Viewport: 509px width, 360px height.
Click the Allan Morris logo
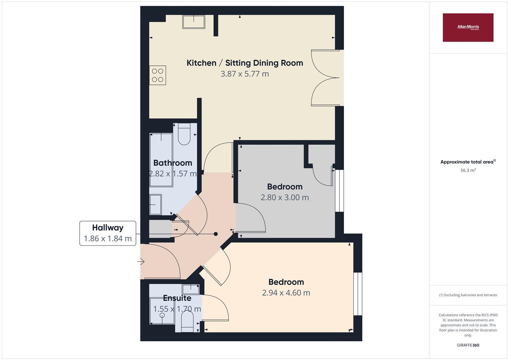click(x=468, y=27)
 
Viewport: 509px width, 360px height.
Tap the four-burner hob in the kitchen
click(x=157, y=75)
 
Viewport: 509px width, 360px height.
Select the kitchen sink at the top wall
click(x=193, y=22)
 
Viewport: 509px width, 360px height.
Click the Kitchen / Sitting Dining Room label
click(x=245, y=63)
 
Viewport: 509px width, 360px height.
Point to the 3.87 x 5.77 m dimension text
click(x=245, y=74)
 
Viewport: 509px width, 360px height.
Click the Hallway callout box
click(x=108, y=233)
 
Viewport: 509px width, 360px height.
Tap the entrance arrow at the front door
click(x=141, y=262)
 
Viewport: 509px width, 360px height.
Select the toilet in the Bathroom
click(x=184, y=134)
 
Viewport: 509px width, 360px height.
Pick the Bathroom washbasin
click(x=155, y=204)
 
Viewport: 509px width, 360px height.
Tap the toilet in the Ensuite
click(x=187, y=322)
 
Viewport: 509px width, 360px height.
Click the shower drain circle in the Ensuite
click(x=162, y=315)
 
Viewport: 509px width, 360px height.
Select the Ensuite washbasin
click(x=191, y=289)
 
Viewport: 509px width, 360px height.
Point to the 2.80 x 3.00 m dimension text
click(x=285, y=197)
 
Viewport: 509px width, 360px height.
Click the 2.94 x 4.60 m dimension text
click(x=286, y=293)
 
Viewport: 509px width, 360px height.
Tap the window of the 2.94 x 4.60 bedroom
click(x=357, y=294)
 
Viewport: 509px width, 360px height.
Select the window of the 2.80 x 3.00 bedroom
click(x=339, y=191)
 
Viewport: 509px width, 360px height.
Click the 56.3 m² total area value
click(x=468, y=170)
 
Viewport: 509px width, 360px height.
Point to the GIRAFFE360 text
click(x=468, y=345)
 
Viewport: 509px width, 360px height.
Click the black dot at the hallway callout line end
click(x=216, y=234)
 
